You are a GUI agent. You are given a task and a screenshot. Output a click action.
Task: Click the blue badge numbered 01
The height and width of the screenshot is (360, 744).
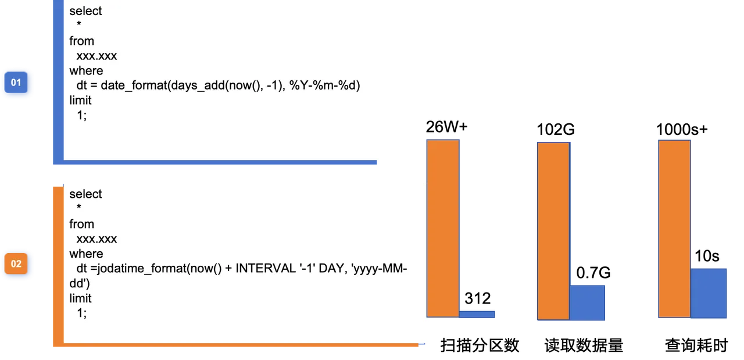16,83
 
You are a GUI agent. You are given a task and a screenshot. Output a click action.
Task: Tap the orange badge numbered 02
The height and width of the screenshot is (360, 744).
16,264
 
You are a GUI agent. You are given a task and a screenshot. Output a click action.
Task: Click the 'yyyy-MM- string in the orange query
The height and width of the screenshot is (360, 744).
381,269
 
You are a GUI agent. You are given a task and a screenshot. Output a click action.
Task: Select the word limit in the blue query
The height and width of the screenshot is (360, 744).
80,100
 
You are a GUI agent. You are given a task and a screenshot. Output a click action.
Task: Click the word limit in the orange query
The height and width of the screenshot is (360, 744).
80,298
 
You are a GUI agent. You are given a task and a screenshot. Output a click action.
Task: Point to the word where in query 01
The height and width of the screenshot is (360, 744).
86,70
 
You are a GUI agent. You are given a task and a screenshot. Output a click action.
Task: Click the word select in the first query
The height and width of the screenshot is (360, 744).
85,11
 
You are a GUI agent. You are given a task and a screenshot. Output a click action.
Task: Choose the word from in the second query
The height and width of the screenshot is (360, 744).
81,224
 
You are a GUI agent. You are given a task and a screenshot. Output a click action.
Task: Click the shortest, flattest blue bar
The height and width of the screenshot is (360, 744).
477,315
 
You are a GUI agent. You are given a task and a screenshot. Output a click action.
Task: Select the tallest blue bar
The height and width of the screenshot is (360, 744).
709,293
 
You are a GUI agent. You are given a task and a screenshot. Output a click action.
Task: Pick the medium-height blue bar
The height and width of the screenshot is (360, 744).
588,302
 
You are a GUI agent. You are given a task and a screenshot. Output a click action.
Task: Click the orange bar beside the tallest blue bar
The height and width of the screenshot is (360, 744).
674,229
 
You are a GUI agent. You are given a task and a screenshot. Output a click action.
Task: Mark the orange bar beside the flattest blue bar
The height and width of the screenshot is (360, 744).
443,228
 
